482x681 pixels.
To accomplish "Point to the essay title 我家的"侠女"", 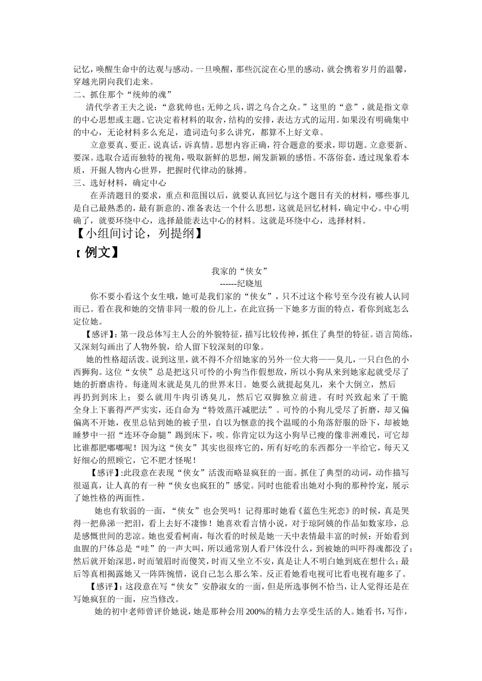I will click(x=239, y=271).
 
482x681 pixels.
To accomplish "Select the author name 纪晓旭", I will click(x=248, y=283).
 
